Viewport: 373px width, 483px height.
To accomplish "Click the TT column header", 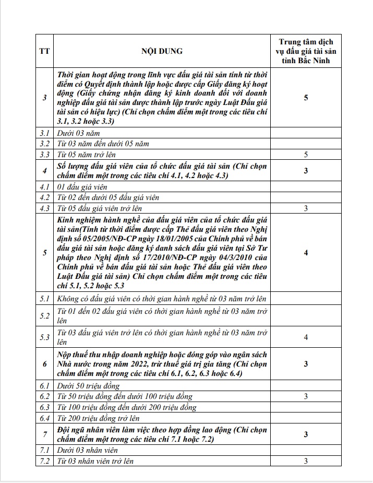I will (x=44, y=51).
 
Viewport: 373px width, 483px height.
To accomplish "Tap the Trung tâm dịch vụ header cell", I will (x=306, y=51).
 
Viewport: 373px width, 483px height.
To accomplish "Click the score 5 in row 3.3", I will (x=306, y=155).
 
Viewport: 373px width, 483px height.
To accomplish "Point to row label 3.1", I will (x=44, y=133).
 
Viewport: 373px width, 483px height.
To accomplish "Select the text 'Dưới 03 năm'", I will (x=78, y=133).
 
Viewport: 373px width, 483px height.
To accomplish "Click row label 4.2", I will (x=44, y=197).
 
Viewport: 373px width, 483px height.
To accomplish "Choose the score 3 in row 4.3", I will (x=306, y=208).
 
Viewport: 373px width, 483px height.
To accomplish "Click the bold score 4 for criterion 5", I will (x=306, y=253).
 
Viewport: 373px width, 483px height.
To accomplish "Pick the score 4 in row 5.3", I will (x=306, y=337).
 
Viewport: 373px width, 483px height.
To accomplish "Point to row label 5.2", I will (x=44, y=315).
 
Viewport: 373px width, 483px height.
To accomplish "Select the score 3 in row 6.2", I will (x=306, y=396).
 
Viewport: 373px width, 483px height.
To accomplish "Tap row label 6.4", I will (x=44, y=418).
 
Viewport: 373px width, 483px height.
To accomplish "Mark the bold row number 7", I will (x=44, y=434).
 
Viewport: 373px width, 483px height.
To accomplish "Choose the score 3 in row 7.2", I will (x=306, y=461).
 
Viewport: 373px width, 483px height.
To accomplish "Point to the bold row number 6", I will (x=44, y=363).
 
